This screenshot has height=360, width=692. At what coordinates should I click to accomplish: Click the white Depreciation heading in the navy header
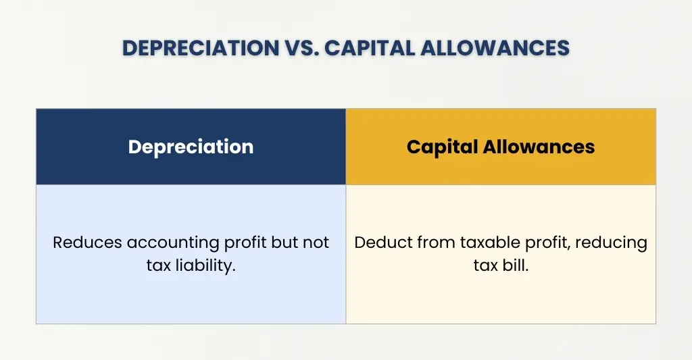pos(191,147)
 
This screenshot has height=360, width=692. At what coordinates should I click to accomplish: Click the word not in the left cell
pos(316,242)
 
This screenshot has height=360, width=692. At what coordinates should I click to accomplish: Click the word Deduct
pos(378,242)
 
